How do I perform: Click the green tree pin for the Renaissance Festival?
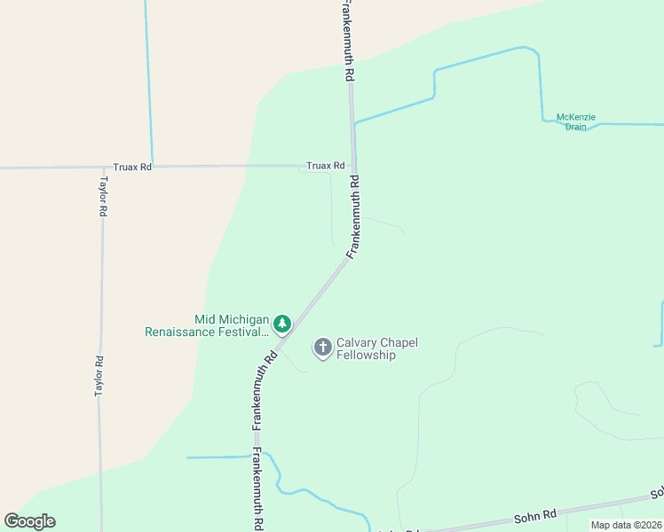pyautogui.click(x=282, y=325)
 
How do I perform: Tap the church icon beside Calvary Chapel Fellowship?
pyautogui.click(x=322, y=348)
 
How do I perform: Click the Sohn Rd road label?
pyautogui.click(x=535, y=514)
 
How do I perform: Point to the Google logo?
pyautogui.click(x=29, y=521)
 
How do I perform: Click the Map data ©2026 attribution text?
pyautogui.click(x=626, y=525)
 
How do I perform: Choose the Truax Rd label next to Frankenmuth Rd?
pyautogui.click(x=325, y=166)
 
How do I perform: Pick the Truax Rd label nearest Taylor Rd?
pyautogui.click(x=132, y=167)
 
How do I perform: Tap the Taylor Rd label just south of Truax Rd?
pyautogui.click(x=103, y=197)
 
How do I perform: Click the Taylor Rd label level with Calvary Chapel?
pyautogui.click(x=100, y=376)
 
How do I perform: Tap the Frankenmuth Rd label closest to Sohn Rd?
pyautogui.click(x=257, y=489)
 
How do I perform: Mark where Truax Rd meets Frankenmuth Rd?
pyautogui.click(x=353, y=167)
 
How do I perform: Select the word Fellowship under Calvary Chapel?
pyautogui.click(x=366, y=356)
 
